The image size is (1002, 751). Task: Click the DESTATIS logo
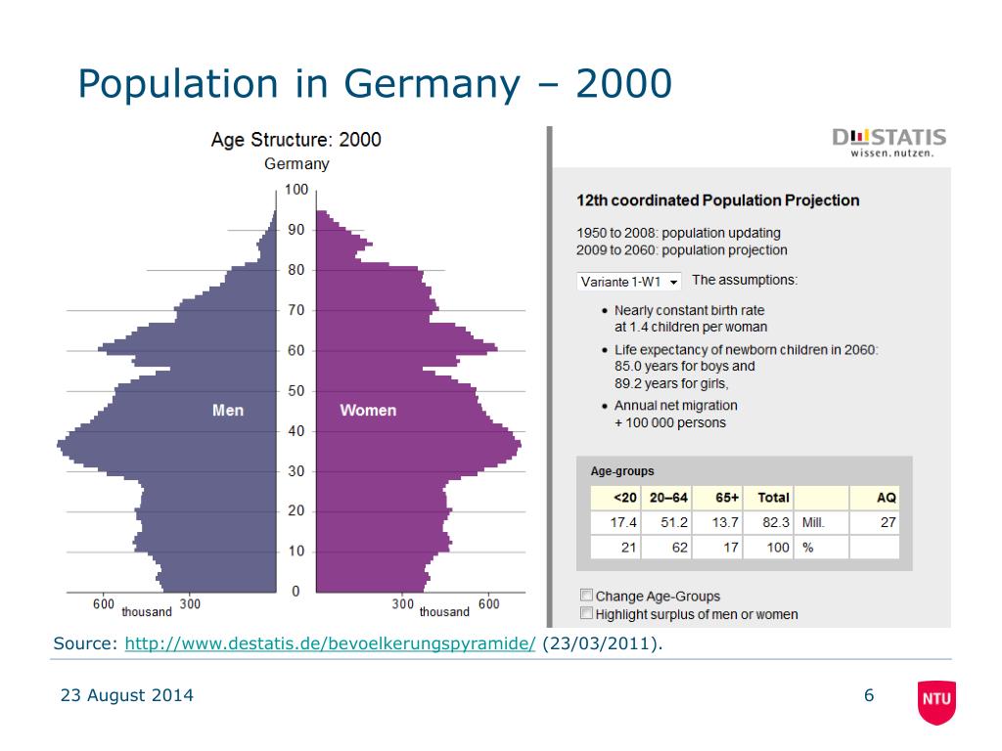point(889,142)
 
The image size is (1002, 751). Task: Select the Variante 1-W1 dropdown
point(629,282)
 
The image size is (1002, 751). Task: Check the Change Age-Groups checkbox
point(586,595)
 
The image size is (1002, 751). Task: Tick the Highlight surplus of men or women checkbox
point(586,613)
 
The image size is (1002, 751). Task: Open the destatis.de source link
point(331,643)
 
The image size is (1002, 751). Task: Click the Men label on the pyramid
point(228,411)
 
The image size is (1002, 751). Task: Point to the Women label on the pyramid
point(368,411)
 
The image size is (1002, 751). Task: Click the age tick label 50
point(296,391)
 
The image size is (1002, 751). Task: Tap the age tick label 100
point(296,190)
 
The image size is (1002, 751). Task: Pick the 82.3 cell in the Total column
point(775,523)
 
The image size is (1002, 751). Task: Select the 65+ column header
point(727,498)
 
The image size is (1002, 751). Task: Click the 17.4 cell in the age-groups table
point(622,523)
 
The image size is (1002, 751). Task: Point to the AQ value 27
point(888,523)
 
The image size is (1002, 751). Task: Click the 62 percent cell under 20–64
point(679,548)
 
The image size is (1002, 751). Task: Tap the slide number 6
point(868,696)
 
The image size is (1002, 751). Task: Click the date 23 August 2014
point(127,696)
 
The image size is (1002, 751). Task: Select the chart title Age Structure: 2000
point(296,140)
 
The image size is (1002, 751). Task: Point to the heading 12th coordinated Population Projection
point(718,200)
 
